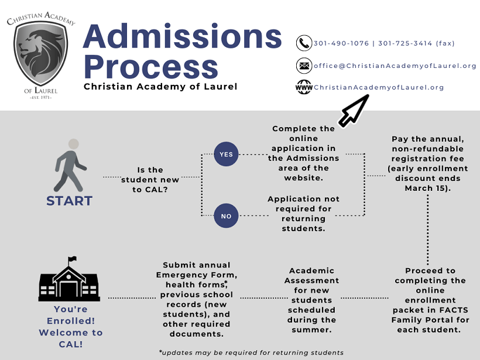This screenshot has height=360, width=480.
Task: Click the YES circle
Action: [x=226, y=155]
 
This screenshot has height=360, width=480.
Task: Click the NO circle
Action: [x=226, y=216]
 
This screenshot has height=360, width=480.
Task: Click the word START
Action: [x=69, y=201]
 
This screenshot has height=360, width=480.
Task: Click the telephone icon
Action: [x=304, y=43]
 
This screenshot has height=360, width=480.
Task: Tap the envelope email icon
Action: [x=304, y=66]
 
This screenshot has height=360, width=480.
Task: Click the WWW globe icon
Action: [x=304, y=88]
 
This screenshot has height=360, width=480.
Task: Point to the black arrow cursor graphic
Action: [x=354, y=111]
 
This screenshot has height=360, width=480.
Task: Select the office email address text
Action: [x=395, y=66]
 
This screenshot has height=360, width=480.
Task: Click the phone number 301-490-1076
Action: [x=341, y=43]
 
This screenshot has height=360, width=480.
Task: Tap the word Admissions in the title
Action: [x=182, y=37]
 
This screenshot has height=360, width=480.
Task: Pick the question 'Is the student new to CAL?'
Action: [x=150, y=180]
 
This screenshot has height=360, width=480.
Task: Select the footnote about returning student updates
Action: [x=251, y=352]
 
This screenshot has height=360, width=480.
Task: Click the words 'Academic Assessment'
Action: [x=311, y=276]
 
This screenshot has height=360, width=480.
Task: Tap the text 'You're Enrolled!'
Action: [x=70, y=315]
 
